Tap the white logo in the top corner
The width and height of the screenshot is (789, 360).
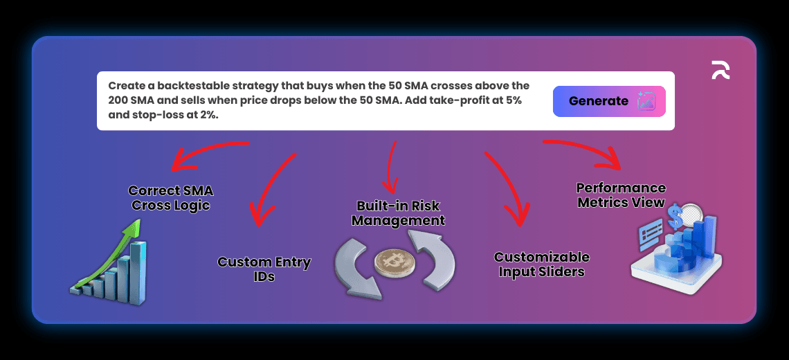(x=720, y=70)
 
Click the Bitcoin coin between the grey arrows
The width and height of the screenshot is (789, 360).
(x=394, y=262)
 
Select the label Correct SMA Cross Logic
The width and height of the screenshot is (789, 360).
(x=170, y=198)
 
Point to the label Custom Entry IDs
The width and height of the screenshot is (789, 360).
(x=264, y=269)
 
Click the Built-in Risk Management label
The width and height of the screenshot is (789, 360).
(x=398, y=213)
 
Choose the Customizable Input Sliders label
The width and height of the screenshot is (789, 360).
(x=541, y=264)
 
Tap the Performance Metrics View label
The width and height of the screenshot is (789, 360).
(x=621, y=195)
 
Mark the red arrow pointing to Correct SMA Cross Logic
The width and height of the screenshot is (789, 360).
(x=206, y=151)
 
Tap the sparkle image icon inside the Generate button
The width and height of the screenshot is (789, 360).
(x=646, y=101)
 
